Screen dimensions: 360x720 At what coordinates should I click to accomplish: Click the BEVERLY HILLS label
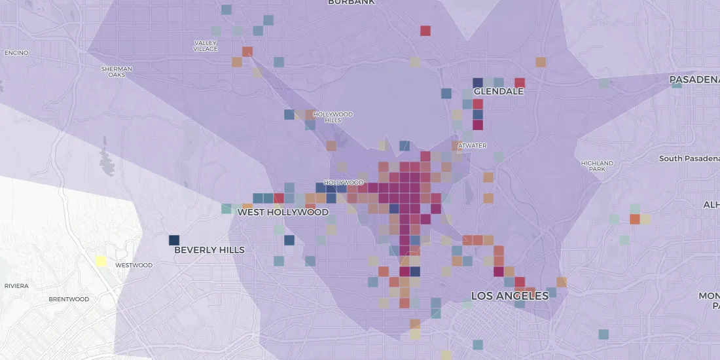click(x=209, y=250)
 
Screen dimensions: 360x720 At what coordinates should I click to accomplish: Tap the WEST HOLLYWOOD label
click(x=283, y=212)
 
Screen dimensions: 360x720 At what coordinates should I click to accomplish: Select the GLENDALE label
click(x=498, y=92)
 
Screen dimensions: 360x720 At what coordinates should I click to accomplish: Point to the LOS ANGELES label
click(x=510, y=296)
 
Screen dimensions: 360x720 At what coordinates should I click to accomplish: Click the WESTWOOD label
click(x=134, y=265)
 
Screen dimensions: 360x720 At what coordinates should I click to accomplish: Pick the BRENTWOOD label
click(x=69, y=299)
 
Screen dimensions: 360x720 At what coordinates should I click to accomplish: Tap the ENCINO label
click(x=16, y=53)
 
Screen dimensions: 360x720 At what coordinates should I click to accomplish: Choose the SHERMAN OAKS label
click(x=117, y=71)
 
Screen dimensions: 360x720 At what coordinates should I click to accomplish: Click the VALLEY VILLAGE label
click(x=206, y=46)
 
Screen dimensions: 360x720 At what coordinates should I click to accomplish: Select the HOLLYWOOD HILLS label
click(x=333, y=117)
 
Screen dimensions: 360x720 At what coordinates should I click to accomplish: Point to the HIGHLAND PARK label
click(x=597, y=166)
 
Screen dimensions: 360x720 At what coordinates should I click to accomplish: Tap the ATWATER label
click(x=472, y=145)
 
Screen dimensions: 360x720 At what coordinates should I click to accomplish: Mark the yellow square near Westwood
click(x=101, y=261)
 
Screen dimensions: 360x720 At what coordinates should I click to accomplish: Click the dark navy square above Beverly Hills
click(x=174, y=240)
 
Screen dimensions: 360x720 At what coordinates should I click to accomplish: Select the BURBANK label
click(x=351, y=3)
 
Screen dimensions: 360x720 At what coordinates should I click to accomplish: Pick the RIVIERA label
click(x=16, y=286)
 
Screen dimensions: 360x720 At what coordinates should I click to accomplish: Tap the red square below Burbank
click(x=425, y=30)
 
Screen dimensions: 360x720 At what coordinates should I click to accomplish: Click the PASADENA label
click(x=694, y=80)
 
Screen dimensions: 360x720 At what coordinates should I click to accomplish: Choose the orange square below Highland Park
click(x=635, y=219)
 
